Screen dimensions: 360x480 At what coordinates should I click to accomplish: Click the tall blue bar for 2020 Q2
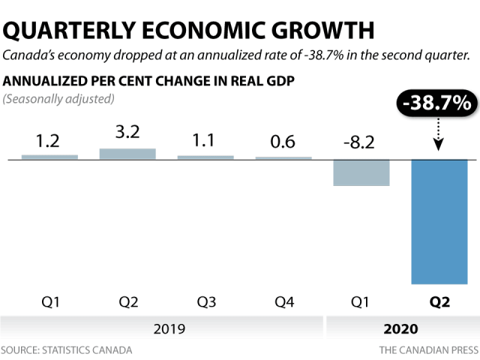439,211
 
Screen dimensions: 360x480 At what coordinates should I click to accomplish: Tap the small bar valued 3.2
127,133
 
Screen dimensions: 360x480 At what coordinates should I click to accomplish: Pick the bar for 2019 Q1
49,136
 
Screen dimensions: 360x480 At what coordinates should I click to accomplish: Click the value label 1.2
49,119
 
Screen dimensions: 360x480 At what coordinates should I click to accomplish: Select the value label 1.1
205,119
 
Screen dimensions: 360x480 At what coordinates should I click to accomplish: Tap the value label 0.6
283,120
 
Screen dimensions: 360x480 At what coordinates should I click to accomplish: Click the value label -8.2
361,120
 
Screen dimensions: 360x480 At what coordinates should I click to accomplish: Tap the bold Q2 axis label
439,303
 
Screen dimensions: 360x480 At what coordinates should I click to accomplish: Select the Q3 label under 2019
205,303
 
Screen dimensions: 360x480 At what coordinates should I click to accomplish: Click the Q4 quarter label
283,303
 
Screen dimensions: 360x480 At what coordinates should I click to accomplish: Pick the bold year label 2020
400,328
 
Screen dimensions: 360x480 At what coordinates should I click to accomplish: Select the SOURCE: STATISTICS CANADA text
67,350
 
